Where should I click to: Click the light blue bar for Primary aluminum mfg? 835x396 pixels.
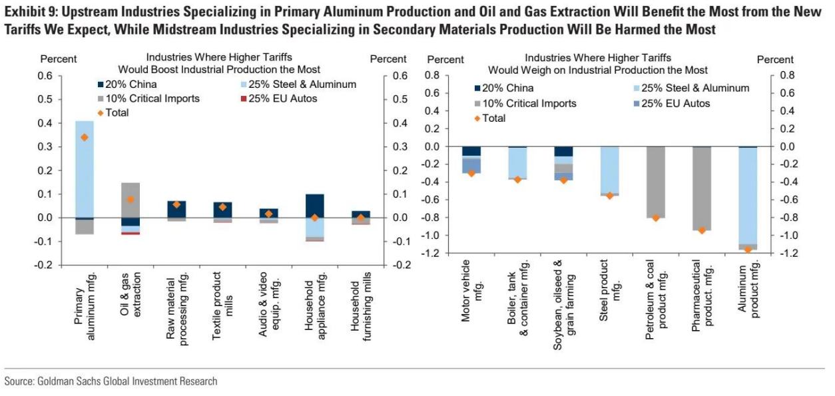pos(84,169)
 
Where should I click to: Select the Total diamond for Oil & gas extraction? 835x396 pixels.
pos(130,199)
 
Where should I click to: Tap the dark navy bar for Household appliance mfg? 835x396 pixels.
pos(314,206)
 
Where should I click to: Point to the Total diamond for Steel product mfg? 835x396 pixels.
pos(609,196)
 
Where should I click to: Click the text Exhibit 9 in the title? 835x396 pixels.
pos(25,12)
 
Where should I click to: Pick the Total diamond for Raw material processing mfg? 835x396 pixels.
pos(176,204)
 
